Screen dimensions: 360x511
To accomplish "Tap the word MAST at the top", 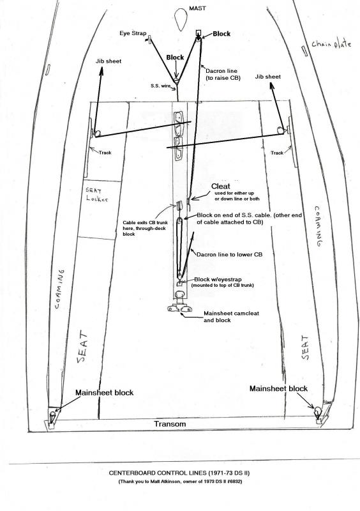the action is coord(197,8).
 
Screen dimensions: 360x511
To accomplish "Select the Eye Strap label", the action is coord(133,33).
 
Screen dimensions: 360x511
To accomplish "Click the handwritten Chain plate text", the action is coord(331,43).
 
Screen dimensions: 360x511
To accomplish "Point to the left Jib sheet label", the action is coord(109,61).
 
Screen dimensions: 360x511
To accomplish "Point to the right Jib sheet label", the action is coord(268,77).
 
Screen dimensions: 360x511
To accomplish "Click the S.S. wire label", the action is coord(160,86).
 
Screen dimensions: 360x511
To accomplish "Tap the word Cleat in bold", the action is coord(221,187).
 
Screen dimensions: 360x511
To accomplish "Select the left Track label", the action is coord(105,153).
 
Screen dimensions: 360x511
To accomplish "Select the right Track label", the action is coord(276,153).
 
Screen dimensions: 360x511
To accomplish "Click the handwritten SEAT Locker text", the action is coord(97,195).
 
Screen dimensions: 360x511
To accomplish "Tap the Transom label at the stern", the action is coord(170,424).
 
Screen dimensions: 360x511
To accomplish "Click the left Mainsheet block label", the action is coord(104,393).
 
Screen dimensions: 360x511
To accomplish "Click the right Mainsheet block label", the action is coord(278,388).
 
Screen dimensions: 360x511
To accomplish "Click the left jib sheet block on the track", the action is coord(97,133).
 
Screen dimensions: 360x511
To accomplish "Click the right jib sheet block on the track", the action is coord(280,130).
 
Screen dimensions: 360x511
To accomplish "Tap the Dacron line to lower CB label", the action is coord(229,254).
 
